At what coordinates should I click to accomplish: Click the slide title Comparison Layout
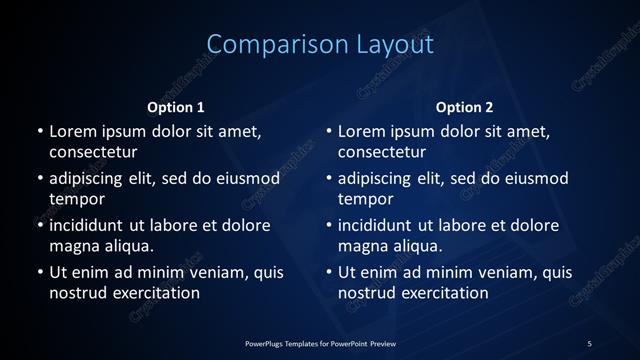click(x=320, y=45)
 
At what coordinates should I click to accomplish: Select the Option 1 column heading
click(x=176, y=107)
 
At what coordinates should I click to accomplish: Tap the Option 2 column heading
click(x=465, y=107)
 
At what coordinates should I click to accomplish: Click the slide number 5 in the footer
click(x=589, y=344)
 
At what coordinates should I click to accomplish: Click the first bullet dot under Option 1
click(x=40, y=132)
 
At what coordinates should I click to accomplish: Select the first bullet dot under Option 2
click(x=329, y=132)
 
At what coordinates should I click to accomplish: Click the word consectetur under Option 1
click(x=93, y=153)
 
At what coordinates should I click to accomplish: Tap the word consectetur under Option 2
click(x=382, y=153)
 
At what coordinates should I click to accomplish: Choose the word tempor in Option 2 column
click(x=366, y=199)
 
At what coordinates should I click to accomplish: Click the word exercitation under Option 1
click(x=156, y=293)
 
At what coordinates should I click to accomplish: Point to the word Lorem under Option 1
click(x=72, y=131)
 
